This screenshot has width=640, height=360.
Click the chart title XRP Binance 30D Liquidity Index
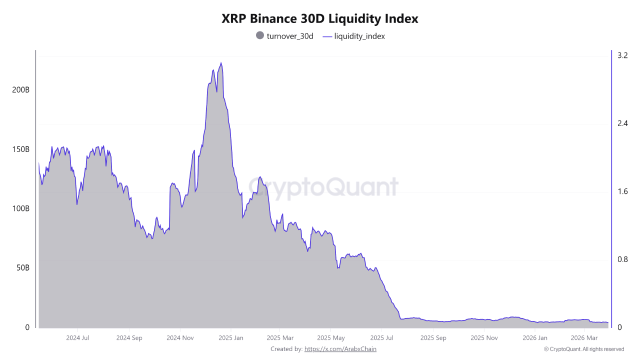[320, 19]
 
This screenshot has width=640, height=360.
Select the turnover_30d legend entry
[284, 36]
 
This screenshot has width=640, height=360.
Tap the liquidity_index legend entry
[354, 36]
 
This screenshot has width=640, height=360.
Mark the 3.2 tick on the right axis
[622, 55]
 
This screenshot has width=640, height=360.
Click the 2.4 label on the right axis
[622, 123]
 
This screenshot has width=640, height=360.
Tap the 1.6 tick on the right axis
[622, 191]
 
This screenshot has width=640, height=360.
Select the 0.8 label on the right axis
[622, 259]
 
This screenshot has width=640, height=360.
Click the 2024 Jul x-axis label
[77, 338]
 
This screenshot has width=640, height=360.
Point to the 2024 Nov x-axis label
[180, 338]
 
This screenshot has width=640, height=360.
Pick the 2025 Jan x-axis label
[231, 338]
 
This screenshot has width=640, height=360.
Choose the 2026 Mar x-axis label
[584, 338]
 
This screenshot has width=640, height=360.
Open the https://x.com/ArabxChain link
[340, 349]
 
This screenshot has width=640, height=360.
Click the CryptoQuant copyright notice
[583, 349]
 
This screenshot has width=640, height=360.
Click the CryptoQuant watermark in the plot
[323, 187]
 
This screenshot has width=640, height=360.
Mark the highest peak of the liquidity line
[221, 63]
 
